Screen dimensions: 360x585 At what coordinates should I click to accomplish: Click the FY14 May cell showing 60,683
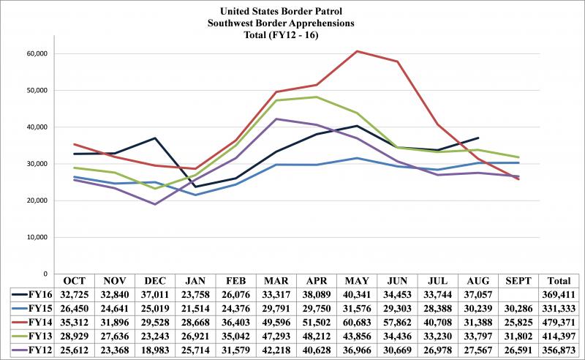click(356, 321)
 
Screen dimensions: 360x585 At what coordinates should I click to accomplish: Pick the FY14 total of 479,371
click(560, 321)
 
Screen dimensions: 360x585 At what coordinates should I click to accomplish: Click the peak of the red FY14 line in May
click(356, 51)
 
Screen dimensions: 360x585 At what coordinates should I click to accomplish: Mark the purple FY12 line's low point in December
click(154, 204)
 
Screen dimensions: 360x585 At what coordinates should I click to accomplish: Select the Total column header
click(560, 280)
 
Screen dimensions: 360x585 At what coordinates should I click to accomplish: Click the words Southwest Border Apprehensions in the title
click(293, 22)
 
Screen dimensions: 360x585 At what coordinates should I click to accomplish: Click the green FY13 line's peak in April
click(316, 97)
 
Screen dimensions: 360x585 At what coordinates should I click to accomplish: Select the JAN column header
click(195, 280)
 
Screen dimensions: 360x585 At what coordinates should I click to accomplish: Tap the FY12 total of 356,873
click(560, 348)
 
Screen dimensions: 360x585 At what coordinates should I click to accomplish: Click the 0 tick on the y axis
click(45, 274)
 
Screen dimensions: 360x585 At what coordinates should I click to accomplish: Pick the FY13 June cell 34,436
click(396, 334)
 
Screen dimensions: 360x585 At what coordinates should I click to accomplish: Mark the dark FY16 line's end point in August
click(478, 138)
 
